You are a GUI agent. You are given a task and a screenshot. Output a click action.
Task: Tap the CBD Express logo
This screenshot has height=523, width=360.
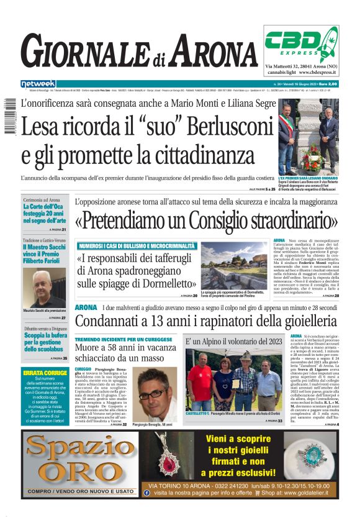[301, 43]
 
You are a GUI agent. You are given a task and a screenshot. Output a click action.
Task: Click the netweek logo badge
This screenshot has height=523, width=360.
[38, 83]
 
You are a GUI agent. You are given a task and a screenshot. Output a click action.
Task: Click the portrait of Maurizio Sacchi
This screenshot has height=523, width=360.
[43, 288]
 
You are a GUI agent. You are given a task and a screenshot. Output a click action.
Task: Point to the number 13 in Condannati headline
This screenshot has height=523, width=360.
[151, 321]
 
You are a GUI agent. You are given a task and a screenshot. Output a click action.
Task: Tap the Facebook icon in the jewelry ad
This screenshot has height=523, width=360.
[147, 493]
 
